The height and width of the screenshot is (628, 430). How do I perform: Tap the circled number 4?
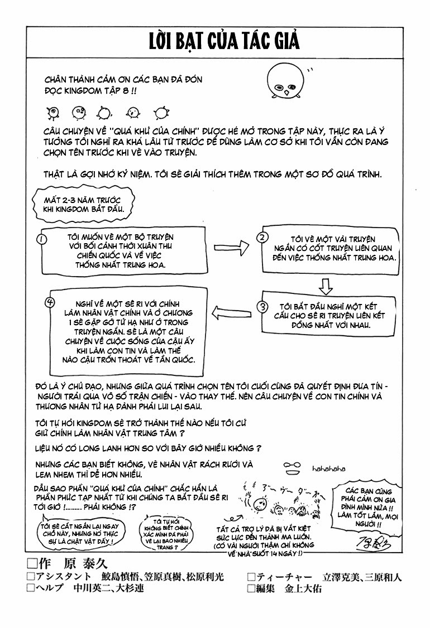click(x=49, y=302)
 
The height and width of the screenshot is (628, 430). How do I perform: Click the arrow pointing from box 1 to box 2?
click(x=230, y=245)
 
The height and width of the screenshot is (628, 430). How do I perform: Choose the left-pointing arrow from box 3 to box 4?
click(x=231, y=312)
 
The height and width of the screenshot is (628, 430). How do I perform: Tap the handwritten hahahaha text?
click(x=329, y=468)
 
